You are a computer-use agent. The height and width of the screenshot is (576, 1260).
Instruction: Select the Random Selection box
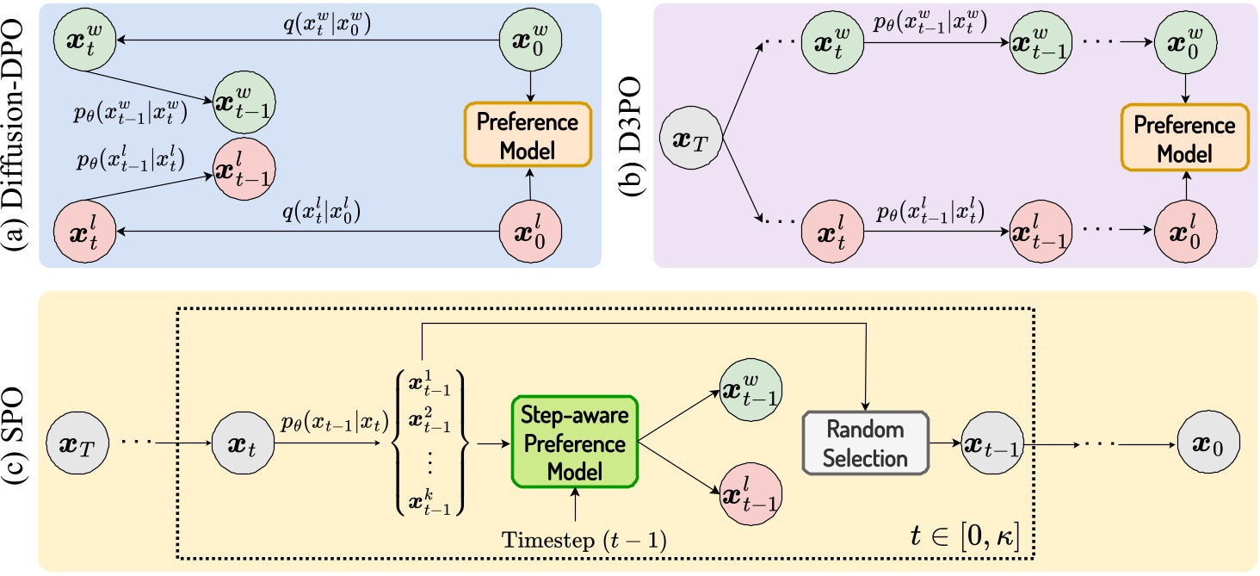pos(865,443)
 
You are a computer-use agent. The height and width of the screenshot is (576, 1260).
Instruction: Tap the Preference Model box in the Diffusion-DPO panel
pos(527,134)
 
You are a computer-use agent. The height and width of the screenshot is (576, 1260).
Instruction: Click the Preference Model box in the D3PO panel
pos(1184,139)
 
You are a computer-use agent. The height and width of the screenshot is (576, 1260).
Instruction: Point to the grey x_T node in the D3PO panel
pos(693,139)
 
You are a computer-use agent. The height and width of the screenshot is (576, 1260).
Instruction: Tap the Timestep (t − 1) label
pos(574,540)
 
